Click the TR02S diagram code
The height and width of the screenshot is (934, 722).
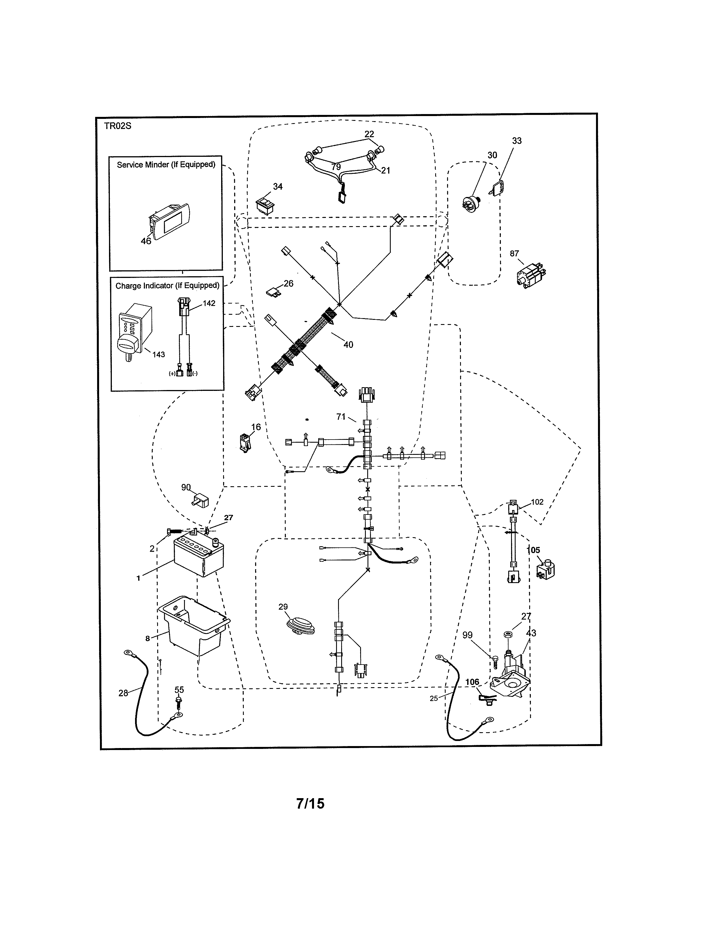click(x=117, y=126)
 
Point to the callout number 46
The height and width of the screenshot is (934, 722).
click(x=146, y=241)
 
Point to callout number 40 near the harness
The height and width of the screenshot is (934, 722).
click(x=348, y=345)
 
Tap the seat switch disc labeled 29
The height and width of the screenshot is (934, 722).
click(x=300, y=625)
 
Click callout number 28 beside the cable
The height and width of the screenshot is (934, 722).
click(x=123, y=693)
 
